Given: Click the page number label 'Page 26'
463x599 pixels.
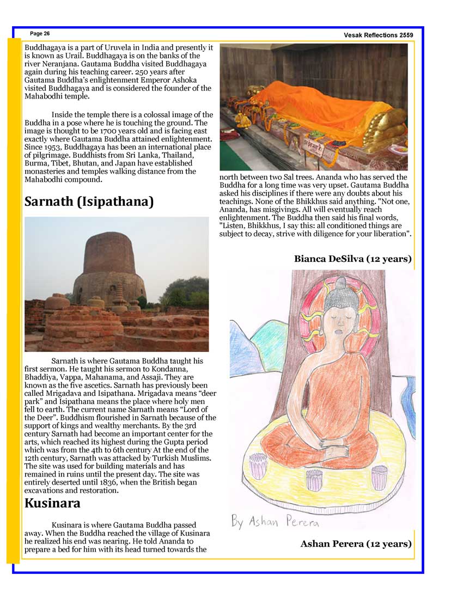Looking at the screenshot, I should [40, 34].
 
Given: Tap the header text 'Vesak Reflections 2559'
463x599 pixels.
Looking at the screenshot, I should [378, 35].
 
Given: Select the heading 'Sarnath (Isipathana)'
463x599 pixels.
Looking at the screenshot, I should [89, 202].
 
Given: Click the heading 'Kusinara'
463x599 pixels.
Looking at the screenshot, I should [52, 503].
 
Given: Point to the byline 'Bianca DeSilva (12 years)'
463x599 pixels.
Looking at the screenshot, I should [352, 259].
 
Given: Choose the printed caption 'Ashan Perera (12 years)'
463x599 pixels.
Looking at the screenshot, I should [356, 543].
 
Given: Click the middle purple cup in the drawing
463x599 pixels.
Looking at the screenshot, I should [314, 479].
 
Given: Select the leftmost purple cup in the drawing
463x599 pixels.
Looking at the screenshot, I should [257, 467].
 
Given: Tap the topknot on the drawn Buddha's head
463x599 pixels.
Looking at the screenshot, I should [340, 284].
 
